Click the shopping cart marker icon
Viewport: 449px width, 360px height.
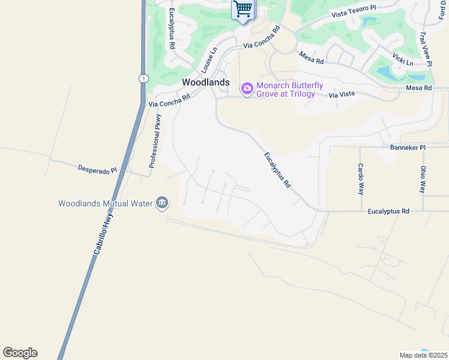tap(243, 10)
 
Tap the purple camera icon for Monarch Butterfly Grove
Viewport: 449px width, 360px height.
tap(247, 89)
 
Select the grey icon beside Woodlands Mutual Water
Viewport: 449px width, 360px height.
tap(161, 203)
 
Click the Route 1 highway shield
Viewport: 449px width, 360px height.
tap(143, 79)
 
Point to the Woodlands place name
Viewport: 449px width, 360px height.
tap(206, 82)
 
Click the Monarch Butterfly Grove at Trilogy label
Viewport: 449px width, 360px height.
tap(289, 89)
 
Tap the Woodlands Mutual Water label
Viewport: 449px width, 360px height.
tap(106, 203)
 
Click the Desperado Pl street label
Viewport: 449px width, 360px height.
tap(97, 170)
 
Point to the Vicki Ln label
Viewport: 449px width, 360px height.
tap(403, 59)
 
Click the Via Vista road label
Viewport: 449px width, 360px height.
tap(342, 94)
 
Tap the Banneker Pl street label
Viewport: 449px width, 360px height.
tap(408, 147)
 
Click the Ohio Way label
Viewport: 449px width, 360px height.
tap(423, 179)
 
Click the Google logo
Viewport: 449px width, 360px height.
tap(20, 353)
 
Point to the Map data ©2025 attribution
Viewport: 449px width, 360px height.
tap(423, 355)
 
